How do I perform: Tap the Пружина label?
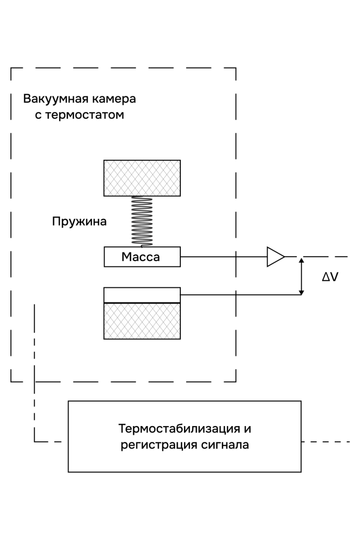pos(79,221)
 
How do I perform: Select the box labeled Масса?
pos(142,257)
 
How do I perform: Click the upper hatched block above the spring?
pos(142,178)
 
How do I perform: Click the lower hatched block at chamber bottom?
pos(142,321)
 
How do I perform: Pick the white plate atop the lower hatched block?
pos(142,295)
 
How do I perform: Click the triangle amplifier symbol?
pos(275,257)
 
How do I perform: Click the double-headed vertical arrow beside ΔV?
pos(301,276)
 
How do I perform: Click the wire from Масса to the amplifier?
pos(224,257)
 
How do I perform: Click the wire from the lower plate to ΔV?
pos(240,294)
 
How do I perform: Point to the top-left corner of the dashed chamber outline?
pos(12,68)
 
